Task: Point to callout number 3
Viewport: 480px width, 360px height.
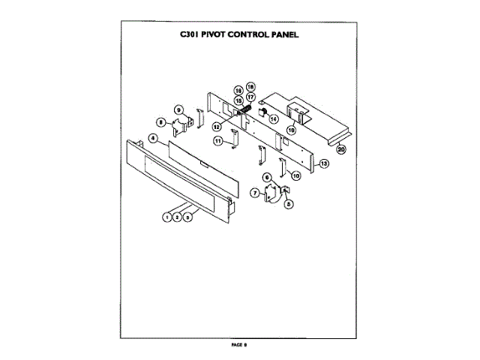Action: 187,216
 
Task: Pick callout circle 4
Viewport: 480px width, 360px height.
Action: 152,139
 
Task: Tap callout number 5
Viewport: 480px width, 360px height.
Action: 288,202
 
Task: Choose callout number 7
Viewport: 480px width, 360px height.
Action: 255,193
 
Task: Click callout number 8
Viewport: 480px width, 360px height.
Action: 160,121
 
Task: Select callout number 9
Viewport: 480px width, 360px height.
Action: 179,109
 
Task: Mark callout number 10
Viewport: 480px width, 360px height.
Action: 295,175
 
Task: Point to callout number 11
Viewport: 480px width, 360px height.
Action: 217,140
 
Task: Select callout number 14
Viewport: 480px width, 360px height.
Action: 273,118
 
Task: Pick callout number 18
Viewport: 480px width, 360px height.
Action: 251,87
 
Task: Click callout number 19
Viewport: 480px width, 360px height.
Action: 290,130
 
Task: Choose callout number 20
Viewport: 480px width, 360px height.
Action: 340,149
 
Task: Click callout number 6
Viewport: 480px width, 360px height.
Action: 266,177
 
